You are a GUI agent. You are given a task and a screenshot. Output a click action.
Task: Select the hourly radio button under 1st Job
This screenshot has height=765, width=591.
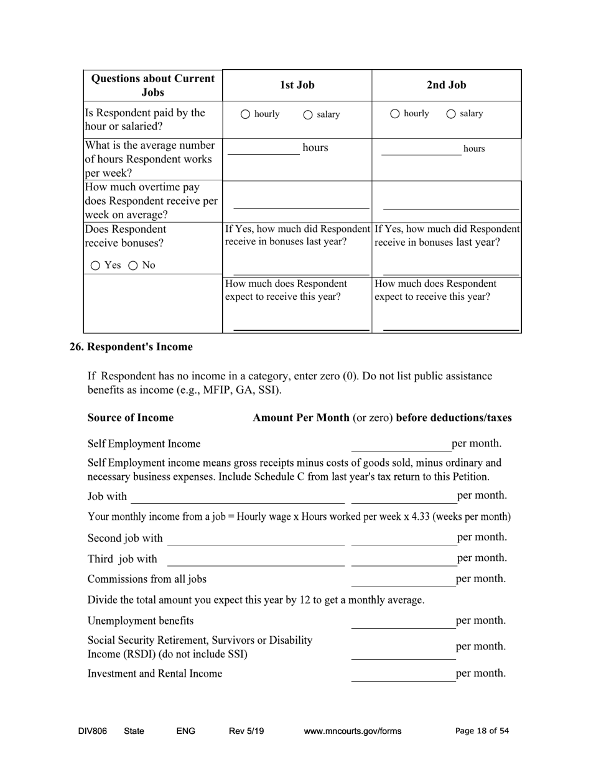pyautogui.click(x=245, y=114)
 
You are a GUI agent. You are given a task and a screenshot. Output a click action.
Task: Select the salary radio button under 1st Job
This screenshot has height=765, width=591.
pyautogui.click(x=307, y=114)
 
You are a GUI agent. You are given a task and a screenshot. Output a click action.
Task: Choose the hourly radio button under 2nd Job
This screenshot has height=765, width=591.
pyautogui.click(x=395, y=114)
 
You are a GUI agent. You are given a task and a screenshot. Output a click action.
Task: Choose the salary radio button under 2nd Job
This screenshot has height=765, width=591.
pyautogui.click(x=451, y=114)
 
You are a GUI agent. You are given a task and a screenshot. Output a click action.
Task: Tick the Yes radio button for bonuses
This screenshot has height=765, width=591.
pyautogui.click(x=95, y=266)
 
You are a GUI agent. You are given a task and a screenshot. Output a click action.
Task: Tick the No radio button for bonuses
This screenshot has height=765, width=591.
pyautogui.click(x=133, y=266)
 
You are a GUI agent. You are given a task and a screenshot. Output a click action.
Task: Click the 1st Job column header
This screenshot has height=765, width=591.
pyautogui.click(x=297, y=85)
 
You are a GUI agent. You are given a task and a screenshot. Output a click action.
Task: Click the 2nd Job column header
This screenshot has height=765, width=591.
pyautogui.click(x=446, y=85)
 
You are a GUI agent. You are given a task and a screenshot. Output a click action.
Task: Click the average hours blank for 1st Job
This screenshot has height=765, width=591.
pyautogui.click(x=263, y=149)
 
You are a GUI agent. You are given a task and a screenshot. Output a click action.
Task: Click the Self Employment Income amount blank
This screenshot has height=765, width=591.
pyautogui.click(x=401, y=444)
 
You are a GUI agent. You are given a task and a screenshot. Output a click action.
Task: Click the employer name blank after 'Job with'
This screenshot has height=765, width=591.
pyautogui.click(x=237, y=496)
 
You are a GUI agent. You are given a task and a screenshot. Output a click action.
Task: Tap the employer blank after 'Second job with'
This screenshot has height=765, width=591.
pyautogui.click(x=255, y=538)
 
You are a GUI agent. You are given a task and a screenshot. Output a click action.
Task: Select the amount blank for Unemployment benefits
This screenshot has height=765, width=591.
pyautogui.click(x=403, y=621)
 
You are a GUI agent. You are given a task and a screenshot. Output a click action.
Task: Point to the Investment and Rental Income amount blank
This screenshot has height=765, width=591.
pyautogui.click(x=403, y=674)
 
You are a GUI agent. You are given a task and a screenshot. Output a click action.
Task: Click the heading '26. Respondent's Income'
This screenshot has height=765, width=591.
pyautogui.click(x=131, y=347)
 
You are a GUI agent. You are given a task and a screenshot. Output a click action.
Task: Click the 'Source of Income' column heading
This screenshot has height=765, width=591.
pyautogui.click(x=131, y=418)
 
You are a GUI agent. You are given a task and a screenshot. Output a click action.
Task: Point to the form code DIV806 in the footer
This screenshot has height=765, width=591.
pyautogui.click(x=93, y=731)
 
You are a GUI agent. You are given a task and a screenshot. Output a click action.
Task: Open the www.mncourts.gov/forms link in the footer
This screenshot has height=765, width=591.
pyautogui.click(x=352, y=731)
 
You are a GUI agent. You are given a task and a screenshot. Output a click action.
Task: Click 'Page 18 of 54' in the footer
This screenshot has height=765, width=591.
pyautogui.click(x=482, y=731)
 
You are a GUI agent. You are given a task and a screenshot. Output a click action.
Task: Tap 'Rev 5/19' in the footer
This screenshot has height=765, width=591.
pyautogui.click(x=246, y=731)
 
